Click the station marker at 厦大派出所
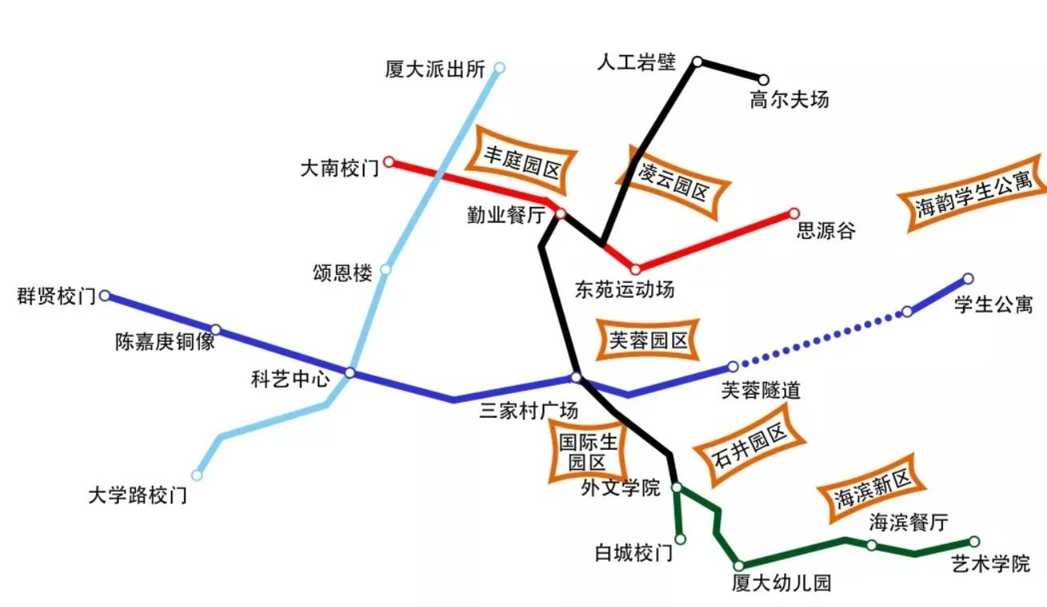tap(500, 68)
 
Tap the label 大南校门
tap(340, 169)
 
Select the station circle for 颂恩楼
tap(386, 269)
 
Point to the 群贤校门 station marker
tap(105, 296)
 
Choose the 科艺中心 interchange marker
tap(350, 372)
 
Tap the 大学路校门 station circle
tap(197, 475)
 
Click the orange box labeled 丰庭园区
tap(522, 160)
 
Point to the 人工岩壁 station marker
tap(697, 61)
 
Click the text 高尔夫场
tap(789, 100)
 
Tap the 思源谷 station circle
tap(794, 213)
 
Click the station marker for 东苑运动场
tap(635, 270)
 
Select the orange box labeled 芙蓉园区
tap(648, 341)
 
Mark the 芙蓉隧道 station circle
tap(733, 367)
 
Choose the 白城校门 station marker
tap(680, 539)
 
